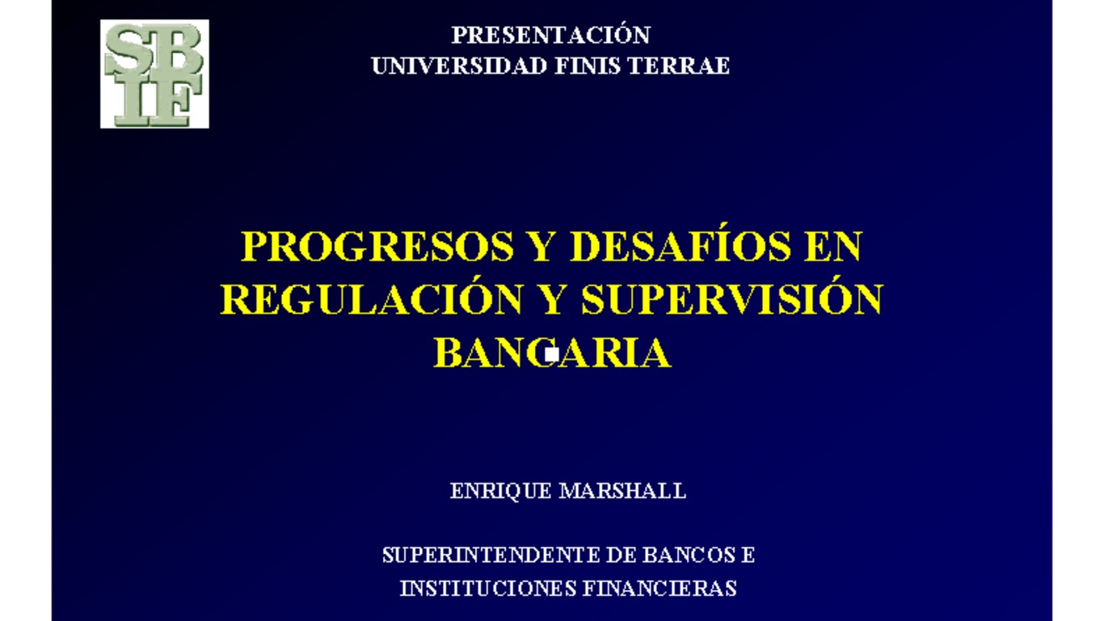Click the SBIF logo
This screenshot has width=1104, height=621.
click(154, 74)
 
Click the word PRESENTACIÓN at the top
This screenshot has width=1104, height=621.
click(550, 36)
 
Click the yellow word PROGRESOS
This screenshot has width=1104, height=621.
click(378, 247)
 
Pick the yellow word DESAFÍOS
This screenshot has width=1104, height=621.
click(680, 247)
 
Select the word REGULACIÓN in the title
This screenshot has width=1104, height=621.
click(371, 300)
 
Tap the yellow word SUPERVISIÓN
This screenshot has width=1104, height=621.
click(731, 300)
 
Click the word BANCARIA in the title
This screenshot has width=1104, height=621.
click(552, 353)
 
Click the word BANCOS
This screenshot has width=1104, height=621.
click(689, 556)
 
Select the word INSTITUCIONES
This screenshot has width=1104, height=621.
click(481, 589)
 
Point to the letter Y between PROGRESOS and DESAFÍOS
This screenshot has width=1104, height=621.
click(541, 247)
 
